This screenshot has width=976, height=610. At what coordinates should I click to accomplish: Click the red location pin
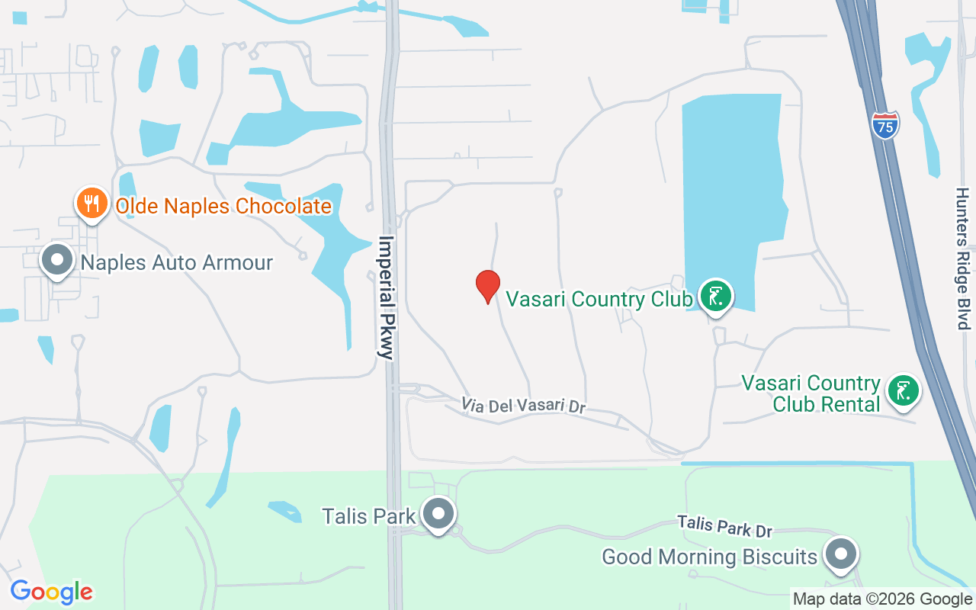pos(488,287)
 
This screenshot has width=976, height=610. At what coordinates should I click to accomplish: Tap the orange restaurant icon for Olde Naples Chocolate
pos(91,204)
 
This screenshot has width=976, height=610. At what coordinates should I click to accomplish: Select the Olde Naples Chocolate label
pos(223,206)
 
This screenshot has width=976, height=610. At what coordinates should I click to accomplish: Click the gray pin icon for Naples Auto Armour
pos(57,260)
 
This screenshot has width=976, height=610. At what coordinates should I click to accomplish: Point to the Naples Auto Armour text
pos(177,263)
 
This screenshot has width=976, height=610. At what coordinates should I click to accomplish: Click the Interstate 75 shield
pos(885,124)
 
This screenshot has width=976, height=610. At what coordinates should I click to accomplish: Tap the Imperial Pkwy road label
pos(388,297)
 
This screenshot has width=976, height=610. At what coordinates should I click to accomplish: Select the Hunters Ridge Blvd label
pos(963,258)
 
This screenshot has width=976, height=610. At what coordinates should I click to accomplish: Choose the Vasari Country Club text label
pos(599,298)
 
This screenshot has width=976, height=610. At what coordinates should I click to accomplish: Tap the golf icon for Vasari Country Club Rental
pos(904,391)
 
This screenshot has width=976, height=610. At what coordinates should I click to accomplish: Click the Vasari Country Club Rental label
pos(811,393)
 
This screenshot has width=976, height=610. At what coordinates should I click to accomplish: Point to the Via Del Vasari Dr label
pos(523,405)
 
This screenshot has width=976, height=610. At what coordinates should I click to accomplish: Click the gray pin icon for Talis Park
pos(438,514)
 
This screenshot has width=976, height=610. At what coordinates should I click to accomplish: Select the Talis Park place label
pos(369,516)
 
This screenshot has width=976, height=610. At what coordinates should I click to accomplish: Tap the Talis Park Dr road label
pos(725,525)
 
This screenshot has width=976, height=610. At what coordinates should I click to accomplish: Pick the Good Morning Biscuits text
pos(710,557)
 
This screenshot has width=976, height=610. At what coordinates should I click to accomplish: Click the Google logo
pos(51,592)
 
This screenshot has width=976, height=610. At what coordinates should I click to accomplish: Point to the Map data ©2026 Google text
pos(882,599)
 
